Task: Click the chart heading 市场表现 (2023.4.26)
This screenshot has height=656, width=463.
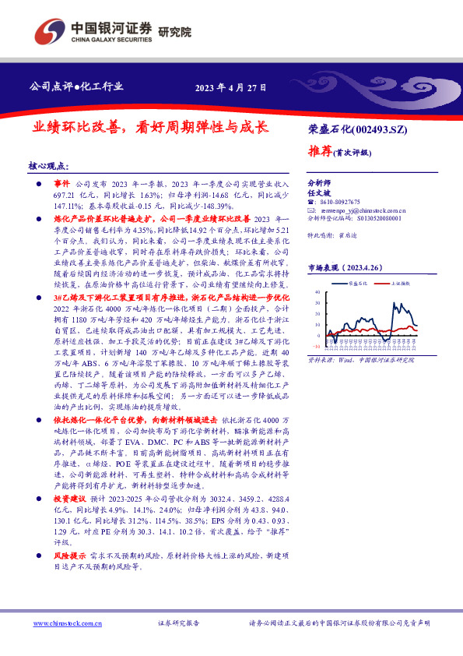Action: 343,267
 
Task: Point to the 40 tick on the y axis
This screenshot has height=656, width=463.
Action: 317,293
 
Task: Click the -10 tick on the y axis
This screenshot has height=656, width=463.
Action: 315,347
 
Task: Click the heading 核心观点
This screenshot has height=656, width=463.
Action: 48,166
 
